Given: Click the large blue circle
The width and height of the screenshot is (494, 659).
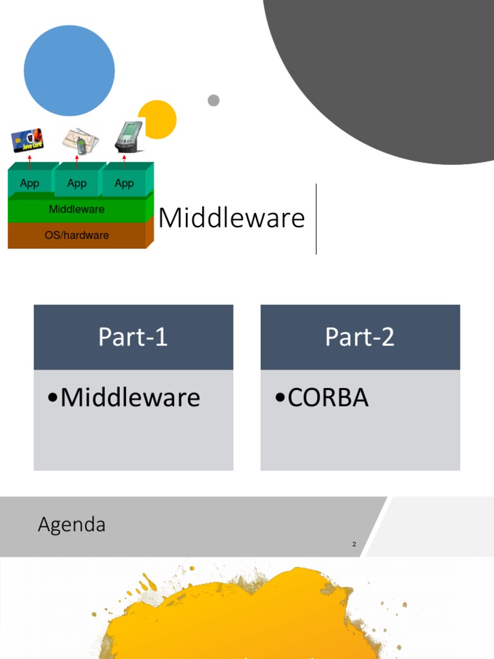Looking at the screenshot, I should [69, 71].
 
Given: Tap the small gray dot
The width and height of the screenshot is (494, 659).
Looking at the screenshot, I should [214, 100].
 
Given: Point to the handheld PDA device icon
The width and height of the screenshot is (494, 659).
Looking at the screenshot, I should [128, 136].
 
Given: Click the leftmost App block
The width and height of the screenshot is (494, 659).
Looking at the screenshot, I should [30, 183].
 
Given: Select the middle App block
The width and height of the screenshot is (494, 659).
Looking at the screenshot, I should [77, 183].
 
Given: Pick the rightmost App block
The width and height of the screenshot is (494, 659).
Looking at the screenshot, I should [124, 183].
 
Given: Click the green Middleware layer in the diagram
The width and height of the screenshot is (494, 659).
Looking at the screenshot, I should [77, 210].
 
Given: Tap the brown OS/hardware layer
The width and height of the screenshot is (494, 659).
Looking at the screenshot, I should [77, 236].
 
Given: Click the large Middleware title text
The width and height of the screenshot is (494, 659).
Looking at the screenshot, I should [232, 218].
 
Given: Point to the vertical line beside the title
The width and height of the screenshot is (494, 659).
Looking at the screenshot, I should [316, 219].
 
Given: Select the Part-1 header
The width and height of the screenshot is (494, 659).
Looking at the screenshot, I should [133, 337].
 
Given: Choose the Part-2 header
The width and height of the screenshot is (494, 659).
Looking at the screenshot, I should [360, 337].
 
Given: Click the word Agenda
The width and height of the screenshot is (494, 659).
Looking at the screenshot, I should [71, 525].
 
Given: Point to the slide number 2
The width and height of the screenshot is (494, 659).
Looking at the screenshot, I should [354, 544].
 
